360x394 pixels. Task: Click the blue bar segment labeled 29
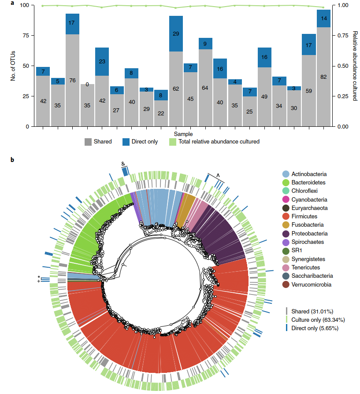tap(176, 34)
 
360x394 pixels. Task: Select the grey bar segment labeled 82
tap(323, 77)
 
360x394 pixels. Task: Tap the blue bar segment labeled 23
tap(102, 62)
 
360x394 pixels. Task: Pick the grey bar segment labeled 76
tap(72, 80)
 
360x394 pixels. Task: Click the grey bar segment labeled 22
tap(161, 114)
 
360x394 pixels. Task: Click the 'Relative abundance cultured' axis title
tap(355, 66)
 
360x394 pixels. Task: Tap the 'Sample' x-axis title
tap(182, 133)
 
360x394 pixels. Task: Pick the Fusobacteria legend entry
tap(305, 225)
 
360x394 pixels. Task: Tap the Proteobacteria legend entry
tap(308, 233)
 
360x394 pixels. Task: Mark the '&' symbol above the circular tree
tap(124, 163)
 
